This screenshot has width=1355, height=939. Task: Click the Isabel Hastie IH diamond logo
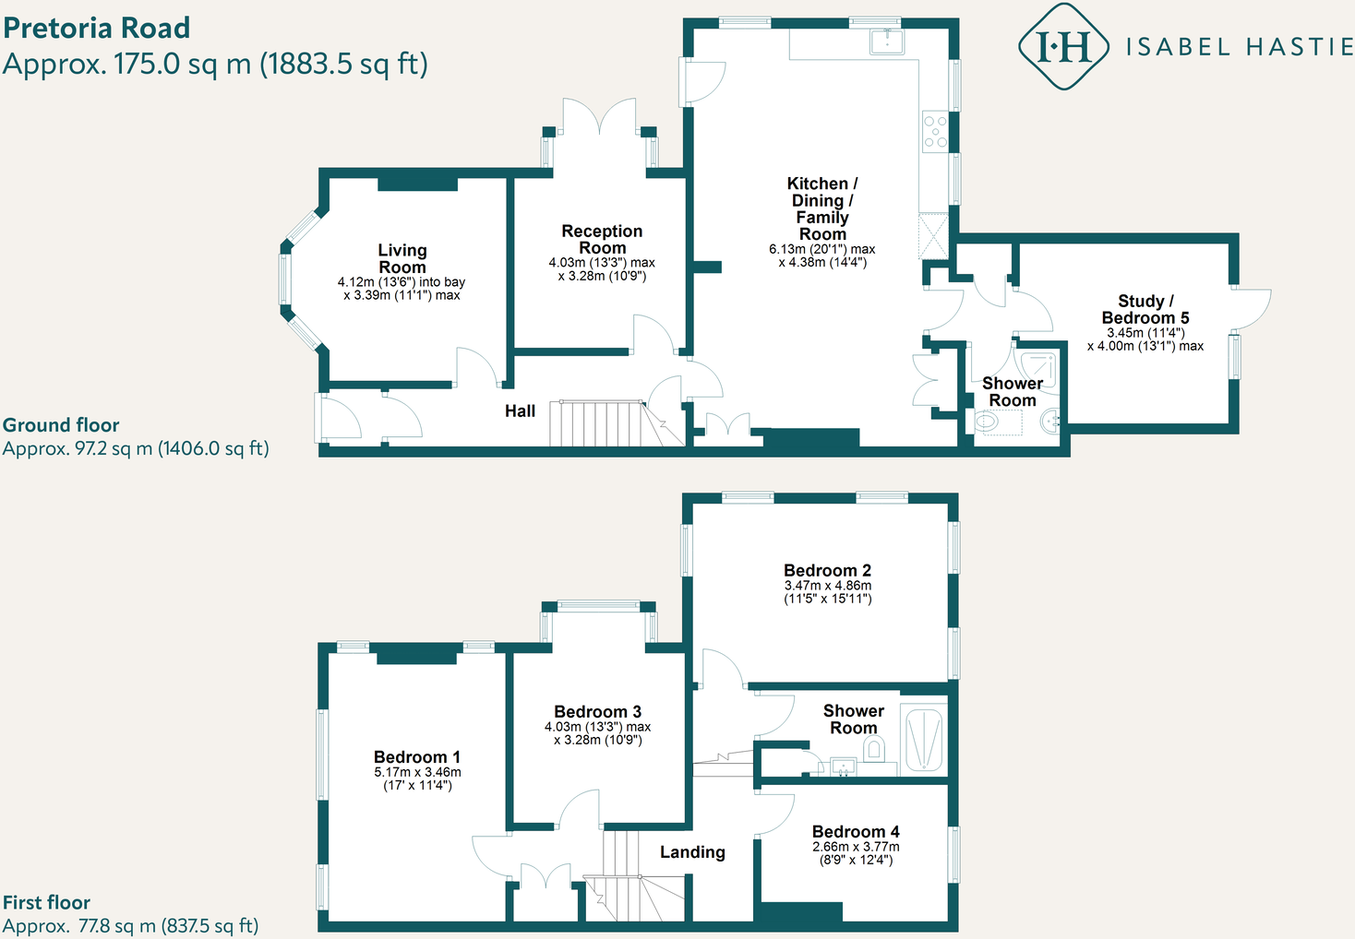1062,46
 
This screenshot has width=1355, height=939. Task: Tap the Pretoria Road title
97,28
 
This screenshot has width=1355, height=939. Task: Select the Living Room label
402,258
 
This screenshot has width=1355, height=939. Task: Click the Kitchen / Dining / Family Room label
821,208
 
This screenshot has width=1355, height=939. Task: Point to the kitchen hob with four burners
935,131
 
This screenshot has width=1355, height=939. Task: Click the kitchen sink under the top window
887,41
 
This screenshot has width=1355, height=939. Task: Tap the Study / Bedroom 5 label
1145,309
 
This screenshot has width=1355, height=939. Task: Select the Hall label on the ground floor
520,411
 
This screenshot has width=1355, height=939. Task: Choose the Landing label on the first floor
692,852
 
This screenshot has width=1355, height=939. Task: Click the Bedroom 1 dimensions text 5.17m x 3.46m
417,772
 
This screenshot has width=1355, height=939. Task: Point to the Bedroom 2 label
827,570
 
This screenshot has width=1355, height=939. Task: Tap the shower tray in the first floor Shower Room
924,739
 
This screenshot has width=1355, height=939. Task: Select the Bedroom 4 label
856,831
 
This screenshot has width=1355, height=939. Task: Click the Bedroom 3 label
597,711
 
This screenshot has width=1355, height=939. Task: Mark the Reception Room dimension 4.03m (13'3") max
602,263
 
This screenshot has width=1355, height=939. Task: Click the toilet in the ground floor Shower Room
987,422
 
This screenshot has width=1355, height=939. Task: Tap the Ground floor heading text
61,425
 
